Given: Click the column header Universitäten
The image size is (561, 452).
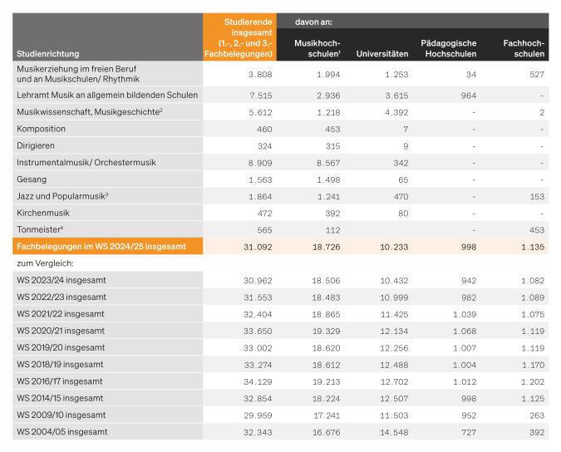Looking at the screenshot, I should click(382, 54).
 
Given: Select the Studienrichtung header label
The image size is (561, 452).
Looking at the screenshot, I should click(48, 54).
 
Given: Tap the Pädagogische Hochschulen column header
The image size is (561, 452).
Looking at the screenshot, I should click(448, 47).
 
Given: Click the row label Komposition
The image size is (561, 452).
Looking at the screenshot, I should click(42, 129).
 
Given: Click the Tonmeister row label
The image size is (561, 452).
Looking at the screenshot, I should click(42, 228).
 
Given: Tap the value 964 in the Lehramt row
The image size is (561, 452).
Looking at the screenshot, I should click(465, 96).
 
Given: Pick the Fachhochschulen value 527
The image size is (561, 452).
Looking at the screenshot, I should click(535, 74).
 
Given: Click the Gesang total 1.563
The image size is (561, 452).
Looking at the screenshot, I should click(253, 179).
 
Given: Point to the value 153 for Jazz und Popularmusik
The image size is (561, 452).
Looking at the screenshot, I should click(535, 195).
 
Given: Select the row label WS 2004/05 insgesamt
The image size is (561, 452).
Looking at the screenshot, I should click(62, 431).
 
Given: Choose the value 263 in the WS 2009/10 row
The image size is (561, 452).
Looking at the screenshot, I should click(535, 414).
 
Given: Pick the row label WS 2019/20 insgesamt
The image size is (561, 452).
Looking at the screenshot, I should click(62, 347).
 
